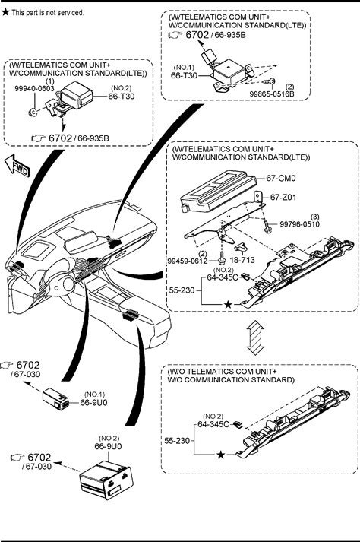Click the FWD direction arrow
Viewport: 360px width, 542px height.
pyautogui.click(x=17, y=166)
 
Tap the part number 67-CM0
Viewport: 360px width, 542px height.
pyautogui.click(x=281, y=179)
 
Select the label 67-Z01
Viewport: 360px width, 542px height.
pyautogui.click(x=283, y=198)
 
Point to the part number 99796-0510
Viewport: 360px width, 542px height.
pyautogui.click(x=299, y=224)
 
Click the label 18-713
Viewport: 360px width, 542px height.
pyautogui.click(x=242, y=260)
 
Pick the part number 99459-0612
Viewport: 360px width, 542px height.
pyautogui.click(x=188, y=261)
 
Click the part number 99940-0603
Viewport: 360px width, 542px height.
pyautogui.click(x=34, y=89)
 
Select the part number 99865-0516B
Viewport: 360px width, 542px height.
pyautogui.click(x=272, y=94)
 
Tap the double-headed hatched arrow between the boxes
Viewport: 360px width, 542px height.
pyautogui.click(x=255, y=337)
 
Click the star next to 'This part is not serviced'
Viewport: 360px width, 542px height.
pyautogui.click(x=5, y=12)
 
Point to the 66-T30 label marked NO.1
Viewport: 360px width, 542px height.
pyautogui.click(x=184, y=75)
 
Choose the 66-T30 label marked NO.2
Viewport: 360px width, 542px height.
pyautogui.click(x=122, y=96)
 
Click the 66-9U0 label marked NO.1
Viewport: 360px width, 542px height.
pyautogui.click(x=93, y=402)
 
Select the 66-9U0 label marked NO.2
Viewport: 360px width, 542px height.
pyautogui.click(x=108, y=446)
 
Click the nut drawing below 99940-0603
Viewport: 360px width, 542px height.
pyautogui.click(x=32, y=112)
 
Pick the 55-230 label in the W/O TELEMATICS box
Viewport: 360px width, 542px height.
pyautogui.click(x=177, y=441)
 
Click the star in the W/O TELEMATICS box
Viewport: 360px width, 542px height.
pyautogui.click(x=221, y=455)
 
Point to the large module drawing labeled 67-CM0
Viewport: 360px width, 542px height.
pyautogui.click(x=218, y=191)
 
